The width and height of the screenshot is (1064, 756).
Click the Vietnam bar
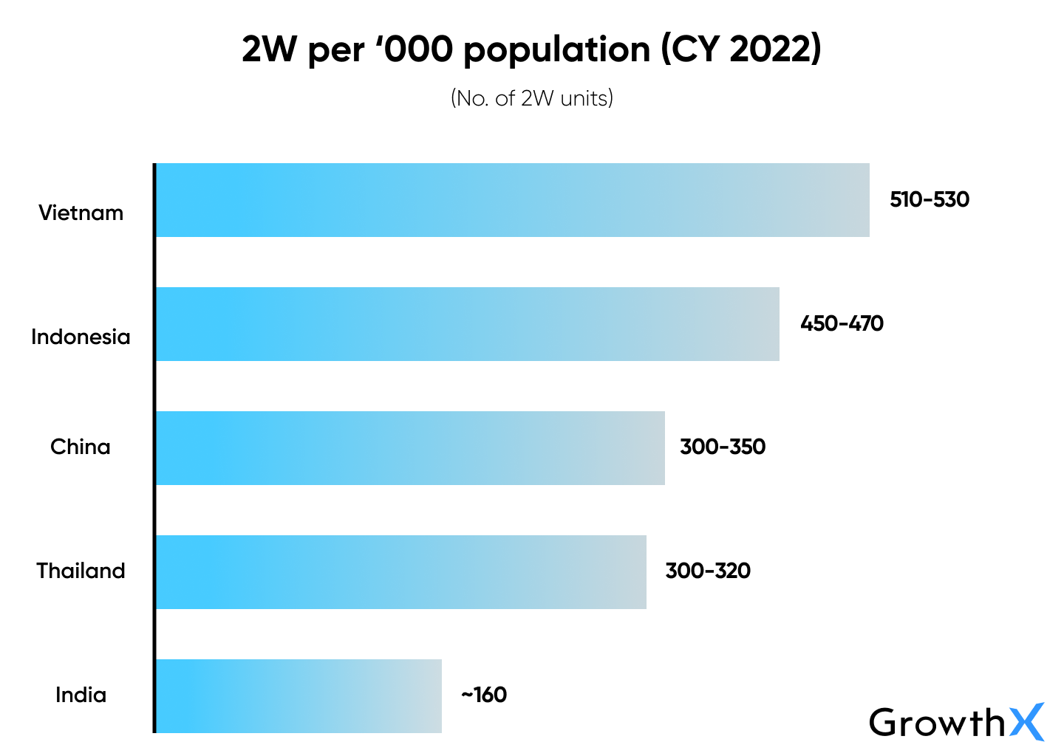point(512,200)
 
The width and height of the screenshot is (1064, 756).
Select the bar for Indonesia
point(467,324)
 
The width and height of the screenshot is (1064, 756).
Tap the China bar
point(410,448)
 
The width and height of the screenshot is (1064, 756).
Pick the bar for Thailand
point(400,572)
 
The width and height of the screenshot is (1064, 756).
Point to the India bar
point(299,696)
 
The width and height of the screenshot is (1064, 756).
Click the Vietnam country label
point(81,213)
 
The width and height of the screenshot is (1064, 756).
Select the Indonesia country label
point(81,337)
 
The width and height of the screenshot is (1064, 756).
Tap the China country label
point(81,447)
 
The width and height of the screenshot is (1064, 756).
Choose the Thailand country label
point(81,571)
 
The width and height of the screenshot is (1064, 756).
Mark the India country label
point(81,695)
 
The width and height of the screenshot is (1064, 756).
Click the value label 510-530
point(930,200)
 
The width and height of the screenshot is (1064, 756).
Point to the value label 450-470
point(842,324)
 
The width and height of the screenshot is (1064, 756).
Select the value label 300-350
point(723,447)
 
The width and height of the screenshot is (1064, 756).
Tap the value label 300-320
point(708,571)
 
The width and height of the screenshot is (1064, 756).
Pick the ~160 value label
point(484,695)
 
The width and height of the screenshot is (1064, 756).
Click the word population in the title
point(557,51)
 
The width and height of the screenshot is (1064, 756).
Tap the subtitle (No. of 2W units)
point(532,98)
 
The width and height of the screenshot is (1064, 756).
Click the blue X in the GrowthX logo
point(1027,722)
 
